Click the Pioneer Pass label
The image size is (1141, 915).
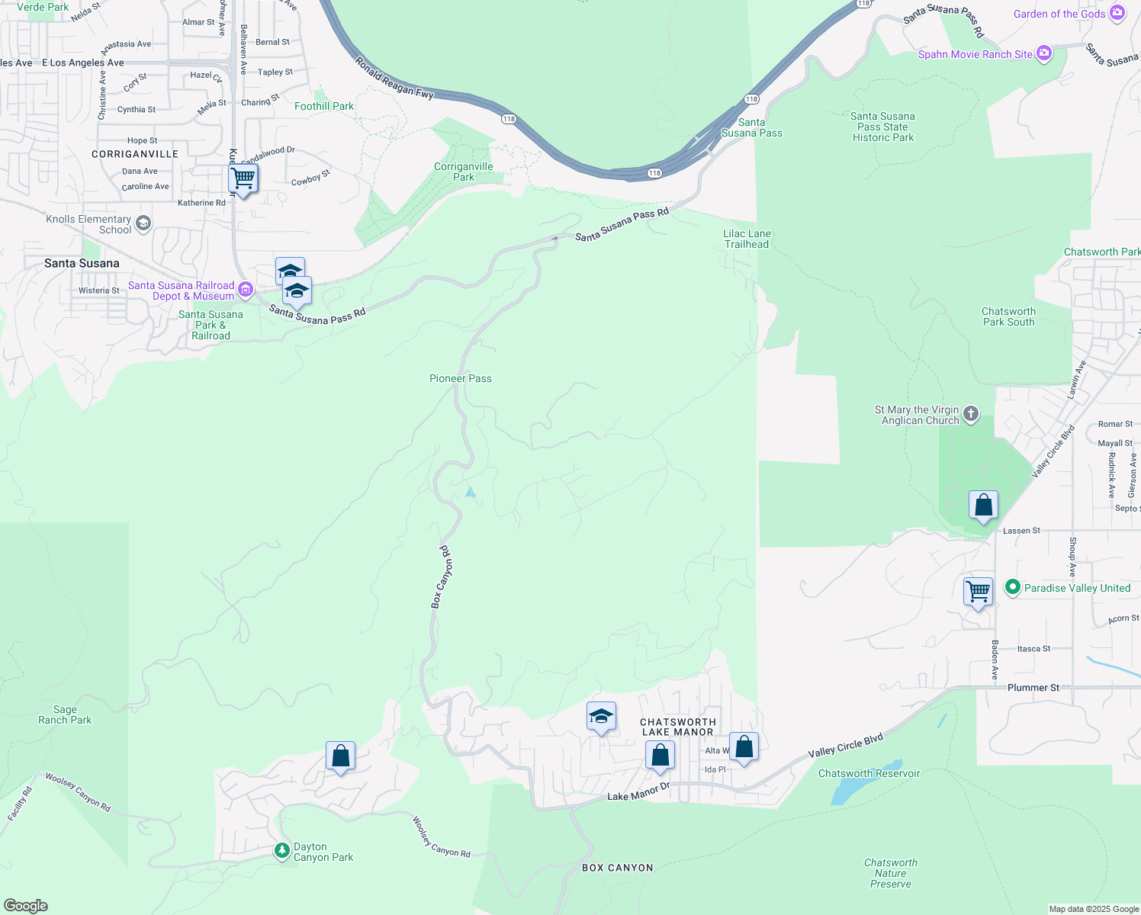click(460, 378)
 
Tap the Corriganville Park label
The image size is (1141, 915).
click(464, 172)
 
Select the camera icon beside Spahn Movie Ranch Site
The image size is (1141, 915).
click(1044, 53)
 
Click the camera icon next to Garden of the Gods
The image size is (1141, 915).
click(1117, 13)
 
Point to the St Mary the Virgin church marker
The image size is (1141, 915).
click(970, 414)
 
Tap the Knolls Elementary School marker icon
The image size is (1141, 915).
click(143, 223)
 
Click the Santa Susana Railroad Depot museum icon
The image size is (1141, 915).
click(245, 289)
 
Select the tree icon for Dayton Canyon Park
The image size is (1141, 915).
click(282, 849)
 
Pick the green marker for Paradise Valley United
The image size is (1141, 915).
click(1012, 587)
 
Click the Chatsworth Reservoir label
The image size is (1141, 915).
click(869, 773)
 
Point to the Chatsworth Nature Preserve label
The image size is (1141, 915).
click(890, 873)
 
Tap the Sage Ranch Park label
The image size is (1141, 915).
click(65, 714)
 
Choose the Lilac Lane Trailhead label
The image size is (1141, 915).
click(747, 239)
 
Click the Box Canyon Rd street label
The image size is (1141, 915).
click(442, 576)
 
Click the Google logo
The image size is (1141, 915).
click(26, 905)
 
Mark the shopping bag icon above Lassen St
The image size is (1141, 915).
click(983, 505)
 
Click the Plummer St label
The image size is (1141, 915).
click(1033, 687)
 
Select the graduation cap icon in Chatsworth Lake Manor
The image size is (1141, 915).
click(601, 716)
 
